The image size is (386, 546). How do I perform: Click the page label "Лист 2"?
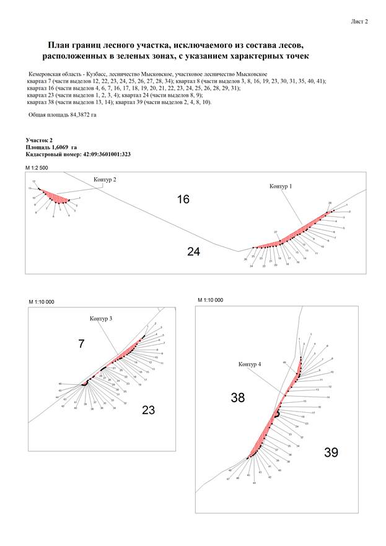[359, 21]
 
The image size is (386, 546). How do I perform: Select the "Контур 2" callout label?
[105, 179]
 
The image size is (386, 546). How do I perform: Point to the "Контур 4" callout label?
[250, 364]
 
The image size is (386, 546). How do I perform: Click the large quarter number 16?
[183, 199]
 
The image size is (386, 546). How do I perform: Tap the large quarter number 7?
[81, 343]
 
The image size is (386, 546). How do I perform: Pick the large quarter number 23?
[149, 410]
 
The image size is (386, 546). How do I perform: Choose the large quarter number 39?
[331, 452]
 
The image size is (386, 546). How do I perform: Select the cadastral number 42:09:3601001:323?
[106, 154]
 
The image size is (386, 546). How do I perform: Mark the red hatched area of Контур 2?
[56, 198]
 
